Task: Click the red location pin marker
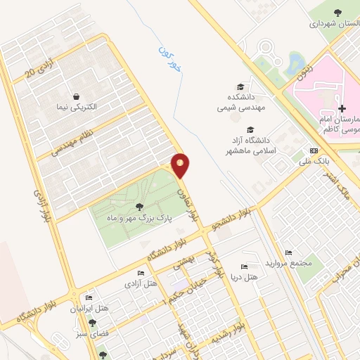click(181, 165)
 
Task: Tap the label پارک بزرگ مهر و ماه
click(139, 219)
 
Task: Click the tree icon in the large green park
click(139, 207)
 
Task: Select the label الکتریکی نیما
click(75, 108)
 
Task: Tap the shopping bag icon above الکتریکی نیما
click(75, 96)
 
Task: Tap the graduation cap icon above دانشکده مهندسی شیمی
click(240, 84)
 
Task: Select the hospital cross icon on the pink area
click(342, 108)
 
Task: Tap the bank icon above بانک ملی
click(313, 151)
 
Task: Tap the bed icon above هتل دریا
click(244, 266)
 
